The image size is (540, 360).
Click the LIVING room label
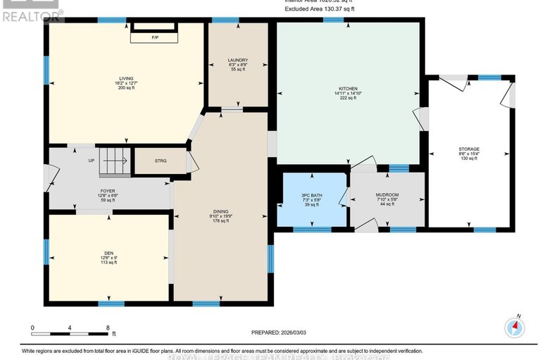click(127, 78)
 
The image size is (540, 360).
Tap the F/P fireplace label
click(155, 37)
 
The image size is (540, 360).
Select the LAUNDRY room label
click(237, 61)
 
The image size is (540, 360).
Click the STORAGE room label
click(469, 149)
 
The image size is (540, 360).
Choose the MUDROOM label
click(387, 194)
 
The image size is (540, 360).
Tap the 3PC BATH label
click(310, 194)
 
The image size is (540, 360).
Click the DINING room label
click(220, 211)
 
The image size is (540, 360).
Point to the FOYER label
click(108, 190)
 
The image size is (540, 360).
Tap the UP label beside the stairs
click(91, 161)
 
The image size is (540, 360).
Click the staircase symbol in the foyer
click(113, 163)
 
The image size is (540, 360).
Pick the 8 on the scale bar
click(108, 328)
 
